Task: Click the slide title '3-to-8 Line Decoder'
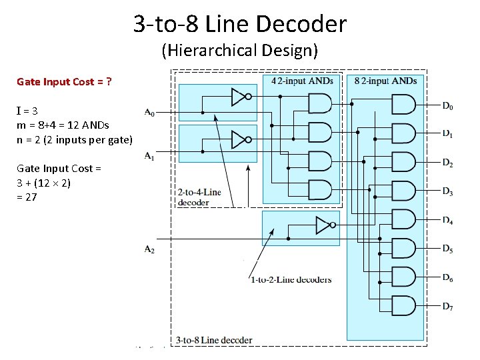240,25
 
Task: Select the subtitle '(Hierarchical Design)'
240,50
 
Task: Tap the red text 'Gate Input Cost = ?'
64,82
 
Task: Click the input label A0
149,113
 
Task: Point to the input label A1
149,156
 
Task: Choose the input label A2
149,249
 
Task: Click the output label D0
447,105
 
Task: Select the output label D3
447,192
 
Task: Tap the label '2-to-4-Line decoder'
199,197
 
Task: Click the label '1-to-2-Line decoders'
291,279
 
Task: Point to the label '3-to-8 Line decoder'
214,340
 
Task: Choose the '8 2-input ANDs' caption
386,81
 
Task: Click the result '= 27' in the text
27,197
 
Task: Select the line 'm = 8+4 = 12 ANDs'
63,125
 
